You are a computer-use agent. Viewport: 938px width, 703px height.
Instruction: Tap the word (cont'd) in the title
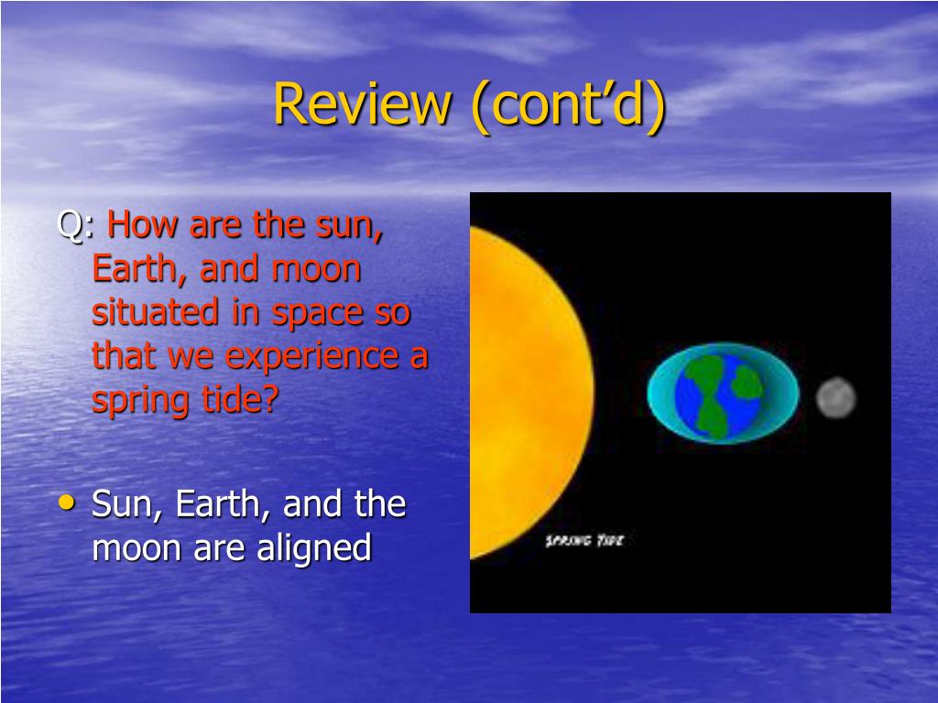pyautogui.click(x=568, y=105)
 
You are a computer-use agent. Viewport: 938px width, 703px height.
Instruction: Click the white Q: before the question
pyautogui.click(x=75, y=225)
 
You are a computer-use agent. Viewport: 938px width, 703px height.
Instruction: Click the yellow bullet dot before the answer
pyautogui.click(x=67, y=503)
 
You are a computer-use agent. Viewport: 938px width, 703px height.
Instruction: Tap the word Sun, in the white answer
pyautogui.click(x=126, y=505)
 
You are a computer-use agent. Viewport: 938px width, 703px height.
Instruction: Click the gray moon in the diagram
pyautogui.click(x=836, y=397)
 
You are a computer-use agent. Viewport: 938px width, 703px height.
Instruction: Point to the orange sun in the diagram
pyautogui.click(x=529, y=393)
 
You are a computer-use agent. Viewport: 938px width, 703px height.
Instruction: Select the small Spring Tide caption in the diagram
pyautogui.click(x=584, y=540)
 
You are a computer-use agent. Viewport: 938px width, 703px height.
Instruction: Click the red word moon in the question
pyautogui.click(x=316, y=270)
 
